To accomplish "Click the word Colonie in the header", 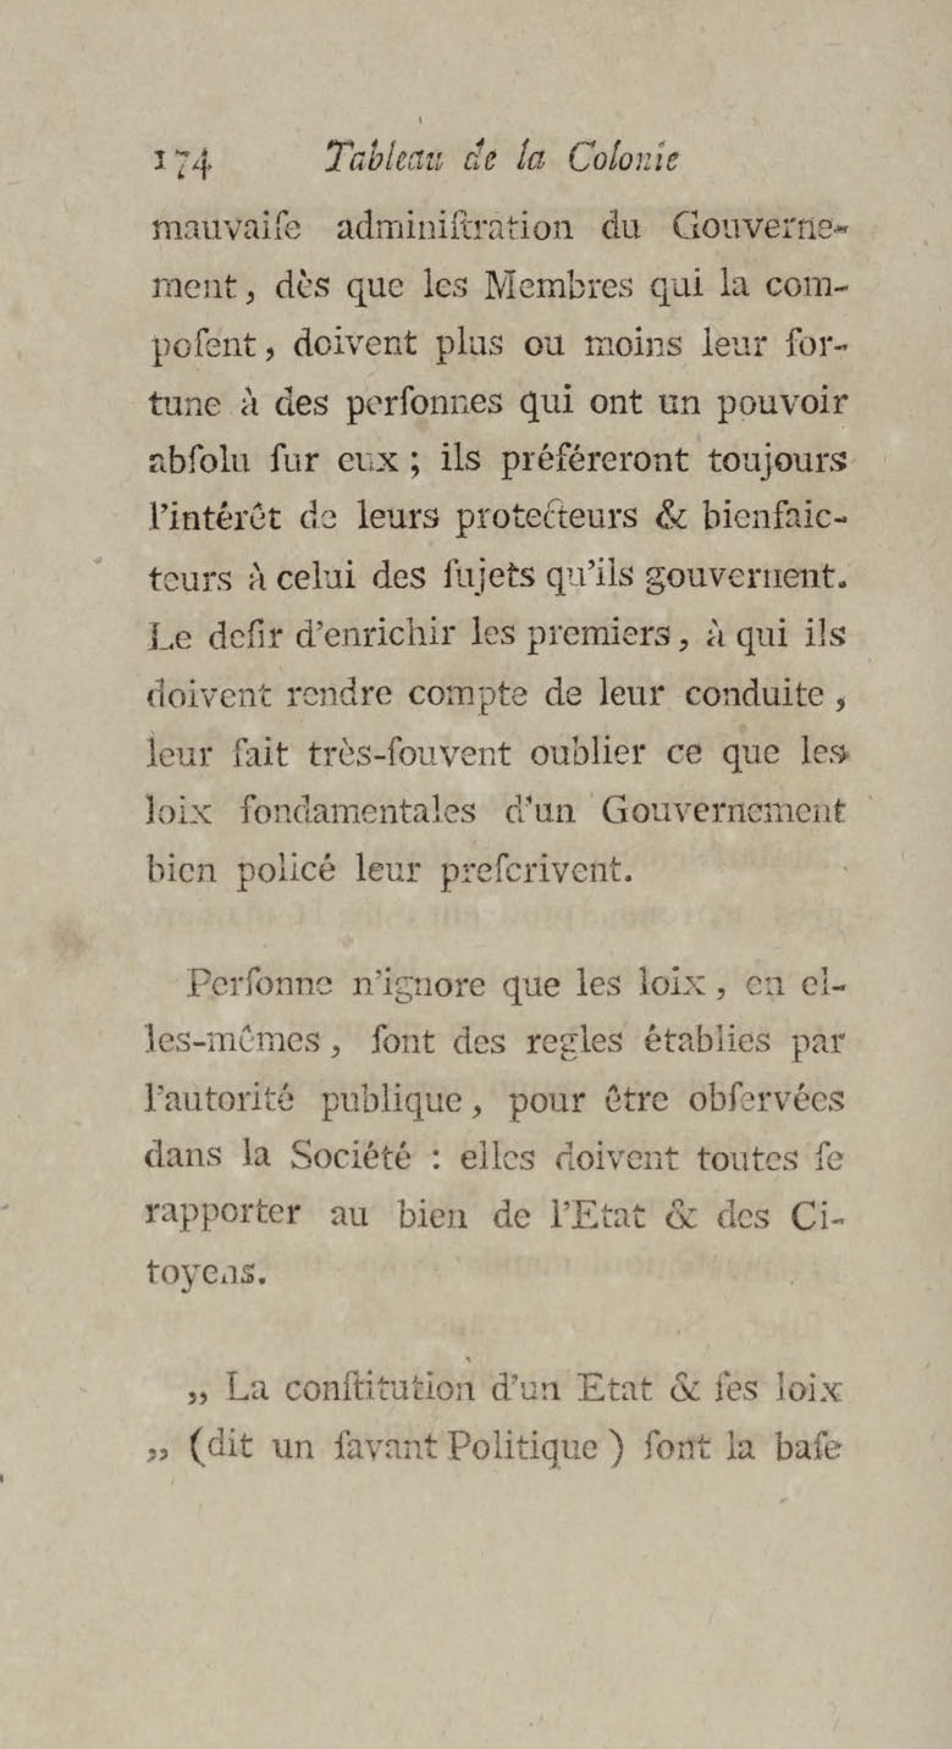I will [623, 160].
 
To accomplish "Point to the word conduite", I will [754, 694].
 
